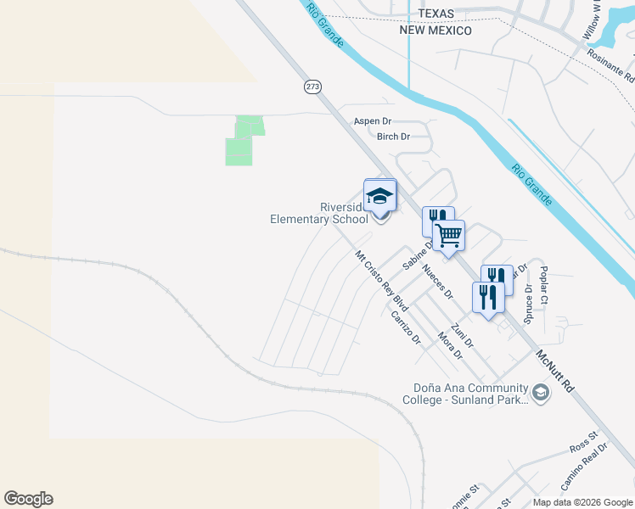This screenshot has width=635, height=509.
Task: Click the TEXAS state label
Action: click(436, 14)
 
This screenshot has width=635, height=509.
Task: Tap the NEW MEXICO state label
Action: click(436, 31)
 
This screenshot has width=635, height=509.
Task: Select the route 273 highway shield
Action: click(312, 87)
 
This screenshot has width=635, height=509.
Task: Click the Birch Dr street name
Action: click(393, 137)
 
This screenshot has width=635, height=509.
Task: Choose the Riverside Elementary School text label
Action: click(319, 213)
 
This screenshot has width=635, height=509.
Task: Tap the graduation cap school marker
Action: click(379, 197)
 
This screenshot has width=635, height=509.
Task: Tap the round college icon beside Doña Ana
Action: click(540, 392)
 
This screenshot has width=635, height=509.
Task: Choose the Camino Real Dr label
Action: click(584, 467)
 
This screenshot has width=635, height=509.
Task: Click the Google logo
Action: click(28, 499)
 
